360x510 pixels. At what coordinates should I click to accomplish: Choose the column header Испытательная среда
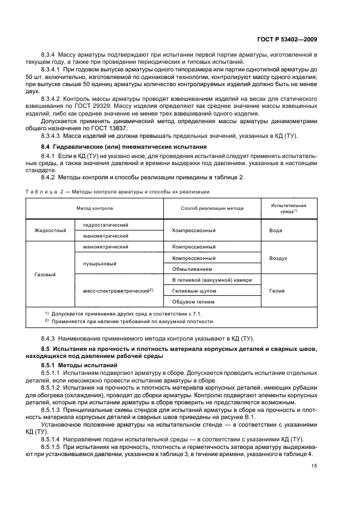point(289,208)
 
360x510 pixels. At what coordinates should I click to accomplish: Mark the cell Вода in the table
point(276,230)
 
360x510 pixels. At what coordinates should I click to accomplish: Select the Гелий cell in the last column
point(277,291)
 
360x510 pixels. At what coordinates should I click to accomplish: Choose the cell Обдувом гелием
point(193,302)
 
